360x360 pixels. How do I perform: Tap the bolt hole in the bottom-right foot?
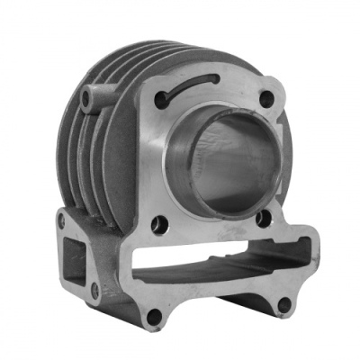pos(283,304)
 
